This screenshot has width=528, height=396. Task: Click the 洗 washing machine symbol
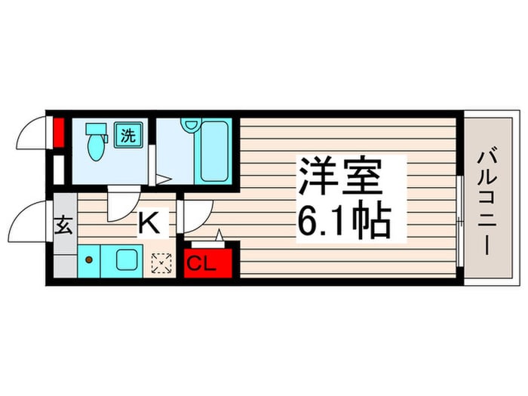[128, 135]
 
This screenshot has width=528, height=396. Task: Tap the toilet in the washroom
[97, 142]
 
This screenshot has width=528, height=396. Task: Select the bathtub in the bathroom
[213, 151]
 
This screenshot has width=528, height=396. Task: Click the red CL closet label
[201, 264]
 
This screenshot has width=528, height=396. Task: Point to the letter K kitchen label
[149, 223]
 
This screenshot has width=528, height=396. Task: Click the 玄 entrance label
[64, 226]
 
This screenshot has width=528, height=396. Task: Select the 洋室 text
[341, 176]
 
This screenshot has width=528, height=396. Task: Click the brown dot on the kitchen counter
[89, 259]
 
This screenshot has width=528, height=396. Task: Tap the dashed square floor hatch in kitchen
[161, 263]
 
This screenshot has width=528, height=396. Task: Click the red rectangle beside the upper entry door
[59, 132]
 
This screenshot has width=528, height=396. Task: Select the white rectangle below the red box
[59, 170]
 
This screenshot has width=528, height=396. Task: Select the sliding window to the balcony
[460, 221]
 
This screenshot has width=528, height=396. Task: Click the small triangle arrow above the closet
[219, 235]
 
